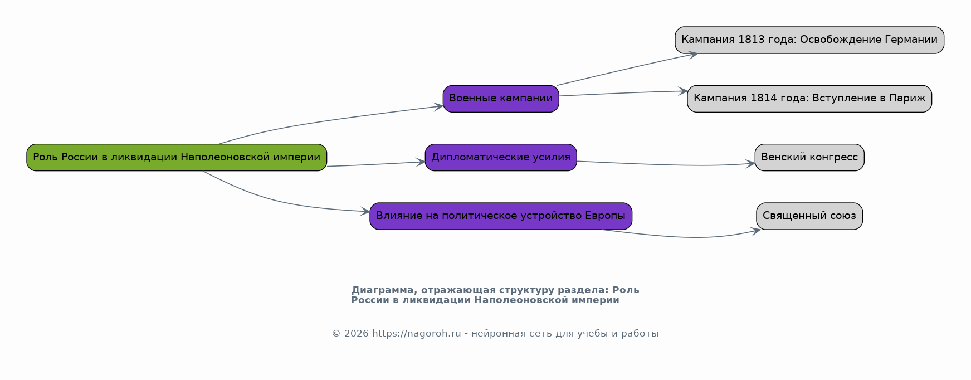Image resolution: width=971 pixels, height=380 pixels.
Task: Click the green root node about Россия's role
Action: [x=177, y=157]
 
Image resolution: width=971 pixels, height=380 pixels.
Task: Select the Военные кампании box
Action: [x=501, y=99]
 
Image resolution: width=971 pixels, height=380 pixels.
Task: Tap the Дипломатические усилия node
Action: [x=501, y=157]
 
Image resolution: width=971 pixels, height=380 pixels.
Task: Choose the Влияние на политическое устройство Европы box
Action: [x=501, y=216]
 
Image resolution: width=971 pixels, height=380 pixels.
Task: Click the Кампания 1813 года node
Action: [x=809, y=40]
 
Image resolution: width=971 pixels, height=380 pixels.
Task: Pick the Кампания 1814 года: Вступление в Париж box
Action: [x=809, y=99]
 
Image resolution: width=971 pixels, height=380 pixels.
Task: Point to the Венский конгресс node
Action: [x=809, y=157]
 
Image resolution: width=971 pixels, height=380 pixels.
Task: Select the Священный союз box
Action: [x=809, y=216]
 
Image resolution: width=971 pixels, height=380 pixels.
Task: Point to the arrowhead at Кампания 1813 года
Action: [x=692, y=55]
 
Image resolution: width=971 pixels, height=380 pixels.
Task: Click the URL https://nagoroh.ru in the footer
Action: [x=416, y=334]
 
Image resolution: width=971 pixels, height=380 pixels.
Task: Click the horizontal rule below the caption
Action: [x=495, y=316]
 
